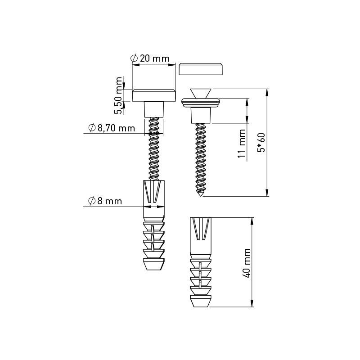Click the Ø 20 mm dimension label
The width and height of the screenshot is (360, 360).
pyautogui.click(x=150, y=58)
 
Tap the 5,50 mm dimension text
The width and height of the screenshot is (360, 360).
pyautogui.click(x=119, y=95)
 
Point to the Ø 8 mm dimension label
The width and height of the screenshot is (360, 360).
pyautogui.click(x=105, y=201)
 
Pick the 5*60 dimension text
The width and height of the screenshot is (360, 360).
pyautogui.click(x=261, y=143)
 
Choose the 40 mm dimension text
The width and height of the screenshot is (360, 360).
pyautogui.click(x=246, y=263)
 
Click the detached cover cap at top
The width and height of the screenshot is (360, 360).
pyautogui.click(x=201, y=69)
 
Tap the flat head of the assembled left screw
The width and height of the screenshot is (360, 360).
pyautogui.click(x=153, y=95)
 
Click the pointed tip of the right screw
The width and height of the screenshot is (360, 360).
pyautogui.click(x=200, y=194)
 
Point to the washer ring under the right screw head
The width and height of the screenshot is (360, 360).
pyautogui.click(x=200, y=103)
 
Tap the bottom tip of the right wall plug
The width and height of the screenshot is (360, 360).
pyautogui.click(x=200, y=303)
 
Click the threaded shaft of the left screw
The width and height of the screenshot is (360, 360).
pyautogui.click(x=153, y=148)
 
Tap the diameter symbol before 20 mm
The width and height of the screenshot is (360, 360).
pyautogui.click(x=134, y=58)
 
